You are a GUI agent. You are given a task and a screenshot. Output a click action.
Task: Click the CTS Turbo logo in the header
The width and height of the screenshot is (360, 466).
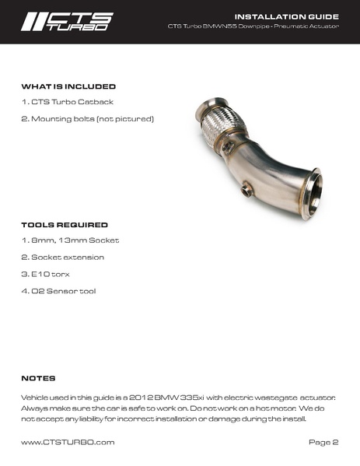(x=68, y=20)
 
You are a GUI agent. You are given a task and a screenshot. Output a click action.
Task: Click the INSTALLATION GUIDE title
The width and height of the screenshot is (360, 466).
(x=287, y=16)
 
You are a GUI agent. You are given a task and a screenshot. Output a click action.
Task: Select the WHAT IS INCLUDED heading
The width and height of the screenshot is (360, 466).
(x=68, y=86)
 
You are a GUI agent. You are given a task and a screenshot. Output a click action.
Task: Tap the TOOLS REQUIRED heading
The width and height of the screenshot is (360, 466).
(x=64, y=225)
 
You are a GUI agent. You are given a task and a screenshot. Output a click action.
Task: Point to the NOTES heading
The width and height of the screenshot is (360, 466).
(x=38, y=378)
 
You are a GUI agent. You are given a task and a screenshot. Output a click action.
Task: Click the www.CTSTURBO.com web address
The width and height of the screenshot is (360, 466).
(x=68, y=443)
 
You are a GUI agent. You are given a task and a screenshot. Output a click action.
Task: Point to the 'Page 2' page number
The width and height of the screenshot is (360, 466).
(x=323, y=443)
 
